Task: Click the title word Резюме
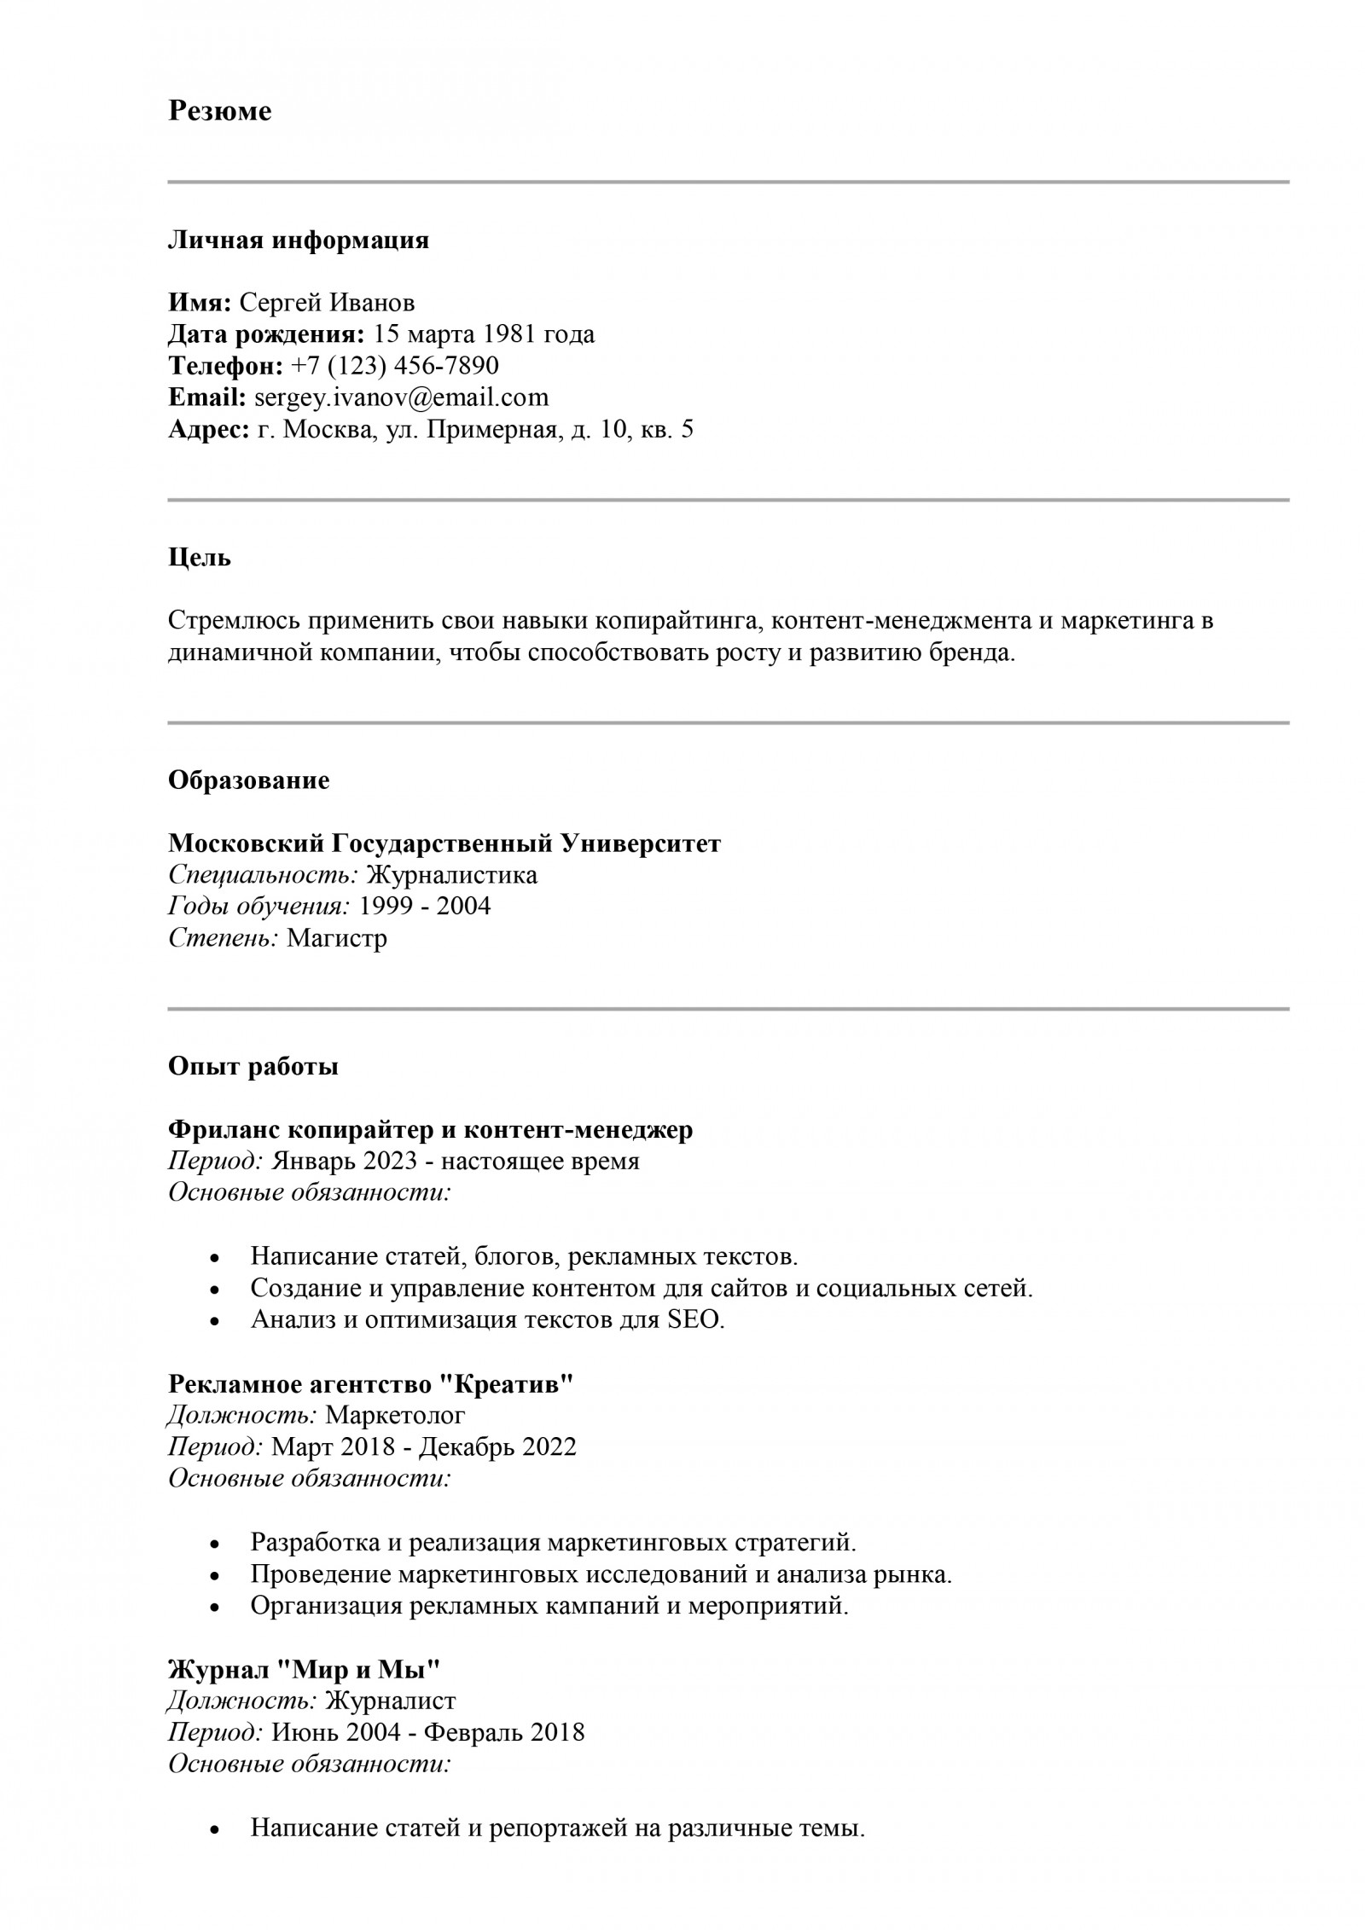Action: click(219, 112)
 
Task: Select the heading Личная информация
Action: click(298, 241)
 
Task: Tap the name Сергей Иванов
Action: click(327, 303)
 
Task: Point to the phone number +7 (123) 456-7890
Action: click(394, 366)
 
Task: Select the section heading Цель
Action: click(199, 559)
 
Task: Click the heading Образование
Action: click(248, 781)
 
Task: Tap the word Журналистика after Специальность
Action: click(451, 875)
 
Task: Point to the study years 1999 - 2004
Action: click(426, 906)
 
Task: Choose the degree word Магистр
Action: click(337, 939)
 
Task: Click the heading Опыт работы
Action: click(253, 1067)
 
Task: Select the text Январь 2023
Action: click(344, 1162)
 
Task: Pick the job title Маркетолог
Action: click(395, 1416)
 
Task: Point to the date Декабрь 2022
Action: click(498, 1447)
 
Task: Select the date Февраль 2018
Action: click(504, 1733)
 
